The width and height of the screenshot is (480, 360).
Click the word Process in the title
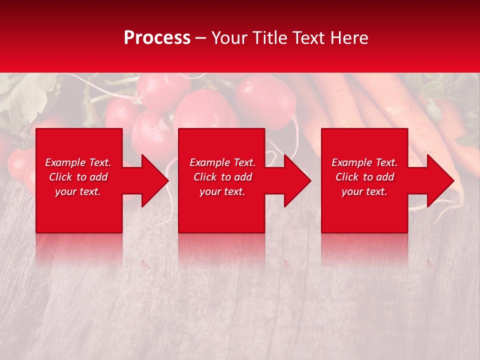click(x=157, y=38)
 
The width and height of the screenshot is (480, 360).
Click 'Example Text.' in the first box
click(x=78, y=162)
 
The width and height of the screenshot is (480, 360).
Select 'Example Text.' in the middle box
click(x=222, y=162)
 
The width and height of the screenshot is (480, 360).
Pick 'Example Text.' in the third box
click(x=364, y=162)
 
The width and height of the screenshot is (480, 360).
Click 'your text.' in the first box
click(x=78, y=191)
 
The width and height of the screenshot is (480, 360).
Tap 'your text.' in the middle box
click(x=222, y=191)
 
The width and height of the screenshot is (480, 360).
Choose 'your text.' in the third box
click(x=364, y=191)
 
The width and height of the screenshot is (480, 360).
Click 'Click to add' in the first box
click(x=78, y=177)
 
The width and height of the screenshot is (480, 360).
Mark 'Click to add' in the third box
click(x=364, y=177)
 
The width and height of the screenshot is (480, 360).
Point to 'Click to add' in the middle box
click(x=222, y=177)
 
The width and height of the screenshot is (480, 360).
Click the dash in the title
click(x=201, y=38)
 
